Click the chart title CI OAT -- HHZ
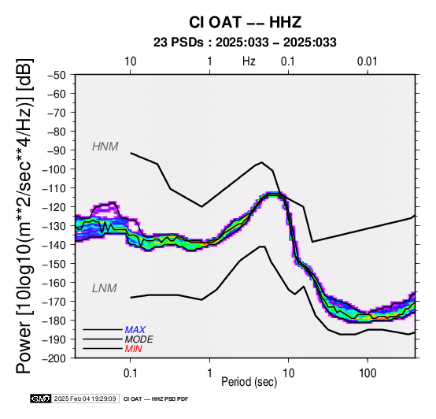[x=245, y=22]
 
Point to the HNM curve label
[x=105, y=146]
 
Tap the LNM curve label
[x=104, y=288]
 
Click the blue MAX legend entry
[x=135, y=330]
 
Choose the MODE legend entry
[x=139, y=339]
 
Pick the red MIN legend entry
[x=133, y=349]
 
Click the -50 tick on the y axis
[x=57, y=75]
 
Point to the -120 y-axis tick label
[x=54, y=207]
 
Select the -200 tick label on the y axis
[x=54, y=358]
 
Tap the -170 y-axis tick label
[x=54, y=302]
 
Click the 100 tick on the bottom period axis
[x=368, y=373]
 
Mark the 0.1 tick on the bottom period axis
[x=130, y=373]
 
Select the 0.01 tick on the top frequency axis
[x=368, y=61]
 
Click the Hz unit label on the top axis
[x=249, y=61]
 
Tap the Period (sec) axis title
[x=249, y=382]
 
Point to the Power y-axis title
[x=24, y=216]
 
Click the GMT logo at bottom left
[x=41, y=399]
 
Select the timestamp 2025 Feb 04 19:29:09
[x=85, y=399]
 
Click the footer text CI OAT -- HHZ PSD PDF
[x=156, y=399]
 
